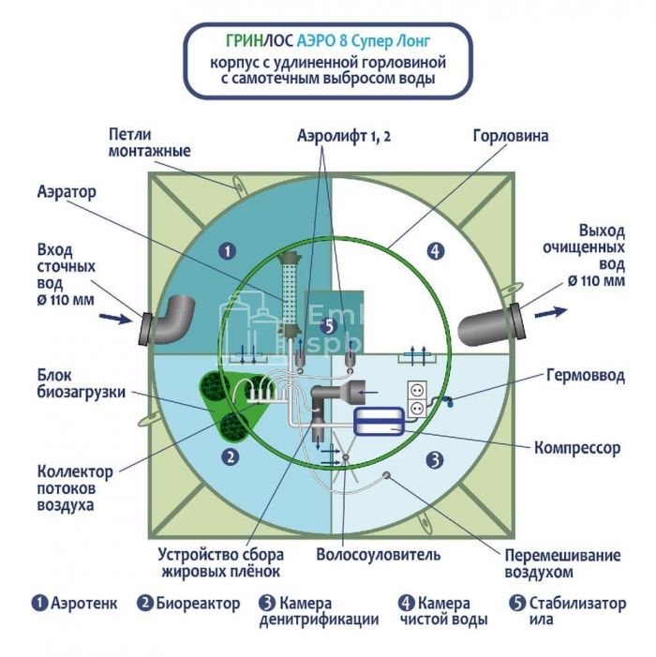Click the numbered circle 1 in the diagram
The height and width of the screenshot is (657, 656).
point(226,250)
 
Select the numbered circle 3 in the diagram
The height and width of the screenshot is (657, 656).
point(434,459)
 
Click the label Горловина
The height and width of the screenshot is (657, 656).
point(511,136)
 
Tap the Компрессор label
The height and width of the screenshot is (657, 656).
point(576,448)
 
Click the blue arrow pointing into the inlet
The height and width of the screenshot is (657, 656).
point(114,319)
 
